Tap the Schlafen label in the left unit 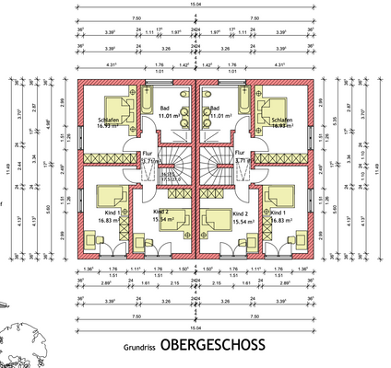pos(110,121)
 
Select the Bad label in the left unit pos(168,107)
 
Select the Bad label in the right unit pos(219,107)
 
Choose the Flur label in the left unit pos(147,154)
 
